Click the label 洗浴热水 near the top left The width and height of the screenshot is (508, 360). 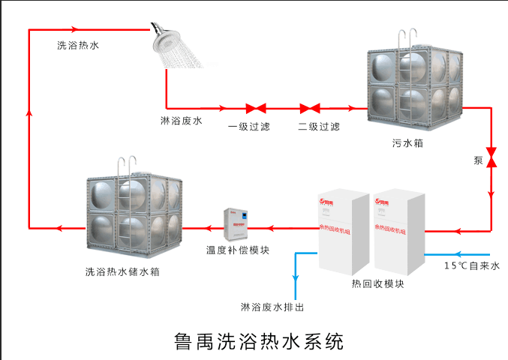[x=78, y=45]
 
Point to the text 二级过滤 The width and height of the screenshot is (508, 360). [x=319, y=126]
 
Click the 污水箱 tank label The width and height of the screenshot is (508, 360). [x=407, y=142]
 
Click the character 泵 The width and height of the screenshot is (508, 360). [x=478, y=160]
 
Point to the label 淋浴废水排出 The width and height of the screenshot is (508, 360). [x=272, y=307]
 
